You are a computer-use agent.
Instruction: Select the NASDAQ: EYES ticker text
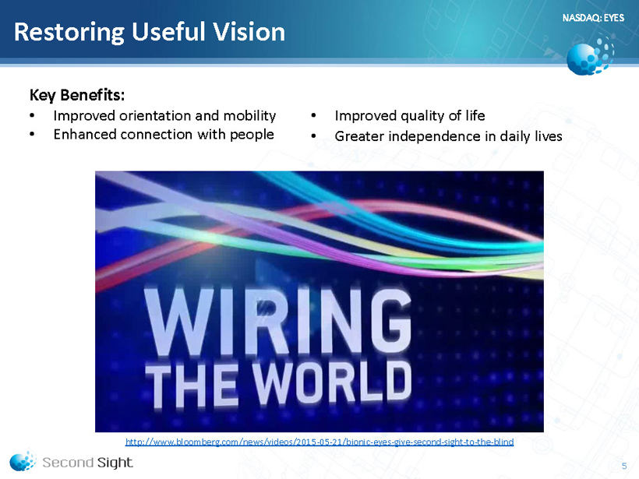[593, 17]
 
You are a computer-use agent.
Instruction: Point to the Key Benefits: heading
[77, 95]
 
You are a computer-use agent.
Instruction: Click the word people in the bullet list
[252, 136]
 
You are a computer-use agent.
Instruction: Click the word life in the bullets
[475, 116]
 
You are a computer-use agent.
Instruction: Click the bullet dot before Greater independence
[313, 136]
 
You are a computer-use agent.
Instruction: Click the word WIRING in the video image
[277, 322]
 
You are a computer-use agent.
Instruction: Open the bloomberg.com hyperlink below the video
[319, 442]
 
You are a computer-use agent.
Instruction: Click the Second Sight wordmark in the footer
[87, 463]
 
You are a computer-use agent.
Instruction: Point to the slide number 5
[624, 466]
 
